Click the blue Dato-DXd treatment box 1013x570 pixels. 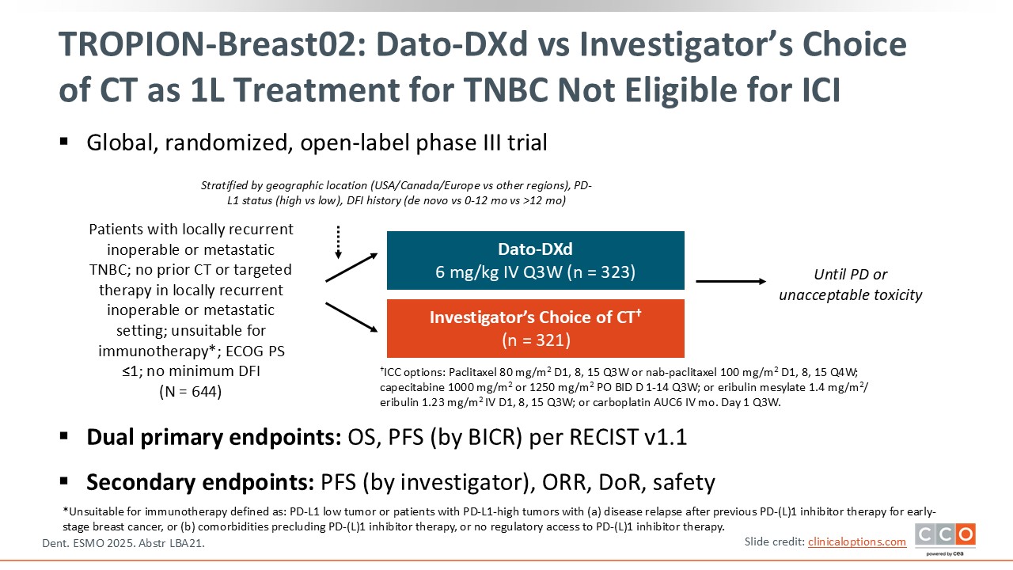[536, 260]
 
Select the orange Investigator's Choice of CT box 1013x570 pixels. [536, 329]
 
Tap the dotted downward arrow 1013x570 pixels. [338, 242]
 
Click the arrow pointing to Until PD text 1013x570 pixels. [730, 281]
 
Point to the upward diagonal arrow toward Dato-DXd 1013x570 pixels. [351, 268]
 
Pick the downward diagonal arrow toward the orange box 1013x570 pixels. [351, 317]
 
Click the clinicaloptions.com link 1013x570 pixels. [857, 542]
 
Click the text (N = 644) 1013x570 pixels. [191, 391]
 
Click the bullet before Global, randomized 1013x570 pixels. [64, 142]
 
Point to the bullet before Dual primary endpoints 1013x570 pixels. [64, 436]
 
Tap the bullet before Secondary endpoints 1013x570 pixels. [64, 481]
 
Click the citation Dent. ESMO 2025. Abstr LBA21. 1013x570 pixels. [123, 543]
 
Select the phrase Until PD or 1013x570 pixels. [851, 275]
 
